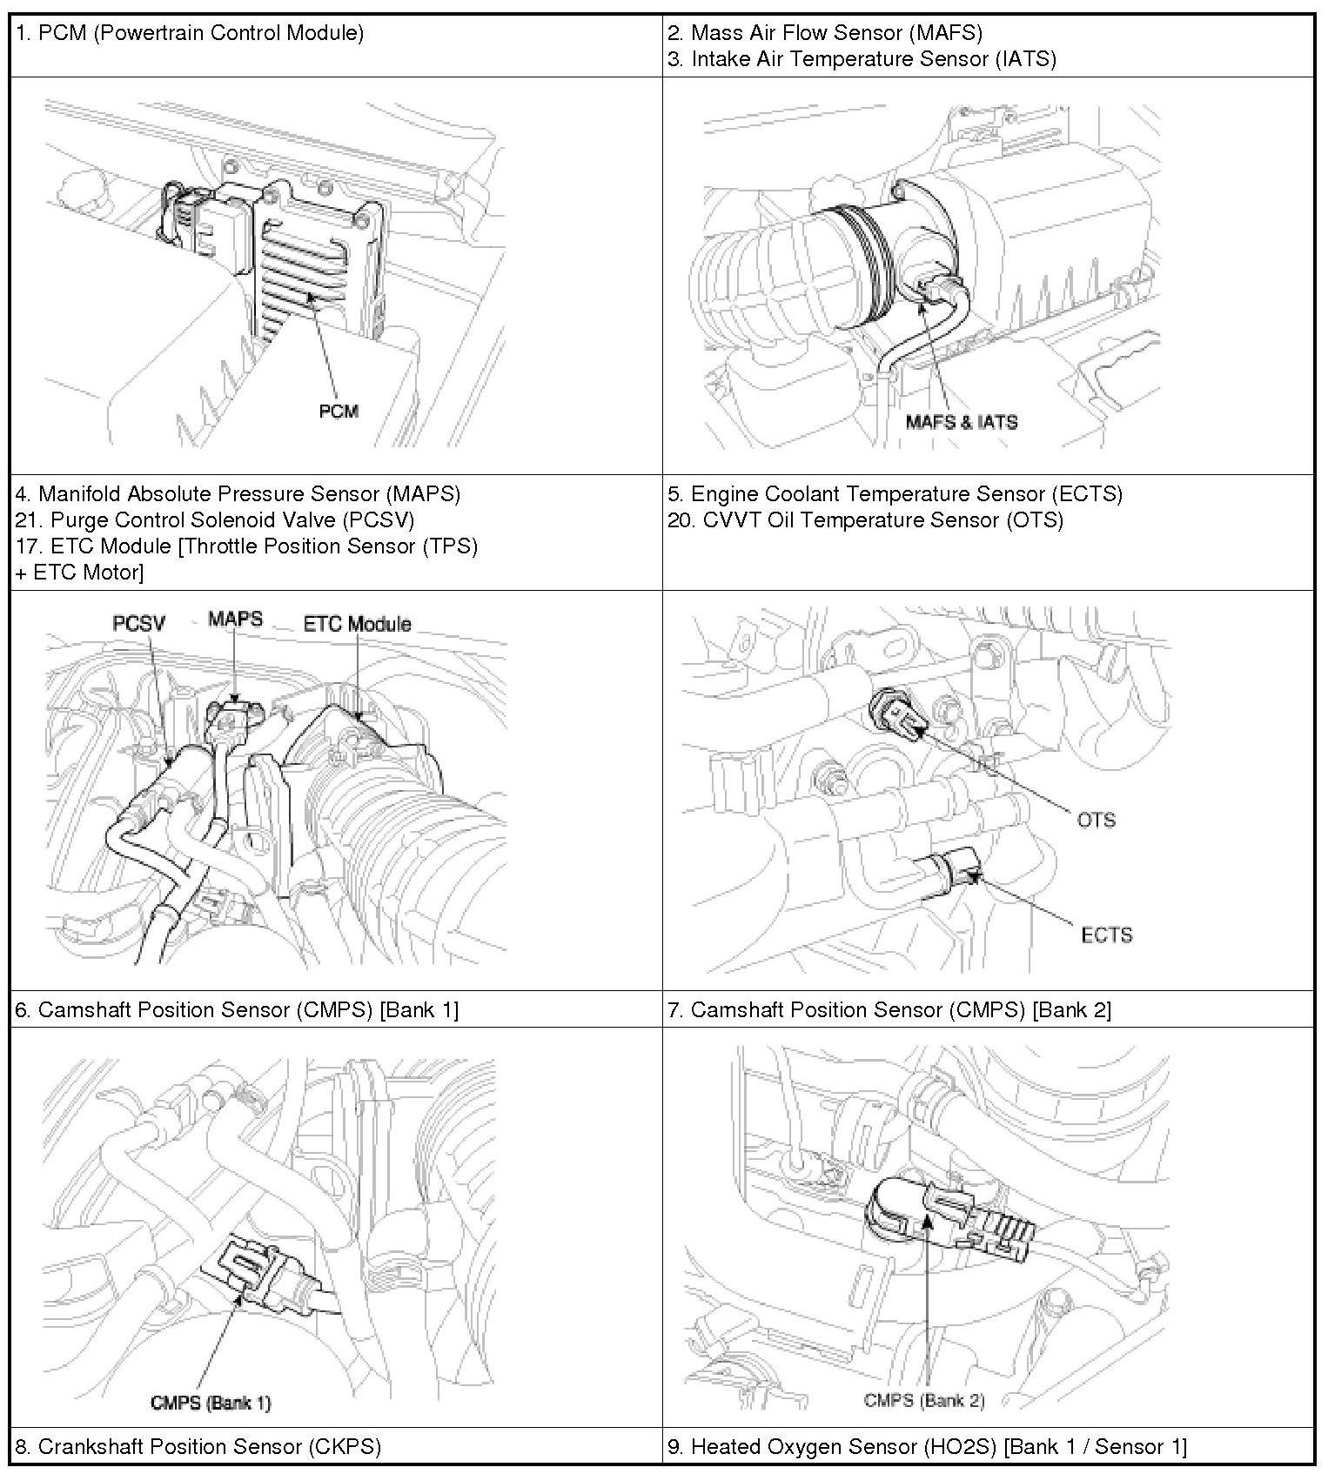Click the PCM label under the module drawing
339,411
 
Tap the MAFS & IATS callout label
961,422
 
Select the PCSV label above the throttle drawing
139,623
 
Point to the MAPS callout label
235,620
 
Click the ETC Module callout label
357,624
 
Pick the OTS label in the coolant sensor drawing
1096,820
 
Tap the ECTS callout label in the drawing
1106,935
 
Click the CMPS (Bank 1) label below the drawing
211,1403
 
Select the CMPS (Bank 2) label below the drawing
924,1400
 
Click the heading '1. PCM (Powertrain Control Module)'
190,33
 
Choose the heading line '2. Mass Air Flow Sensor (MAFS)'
825,33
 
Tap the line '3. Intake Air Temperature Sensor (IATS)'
862,59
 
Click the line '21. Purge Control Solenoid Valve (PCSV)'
215,520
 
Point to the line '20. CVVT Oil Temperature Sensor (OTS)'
865,520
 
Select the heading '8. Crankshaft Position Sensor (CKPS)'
198,1447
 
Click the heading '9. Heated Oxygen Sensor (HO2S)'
927,1447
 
